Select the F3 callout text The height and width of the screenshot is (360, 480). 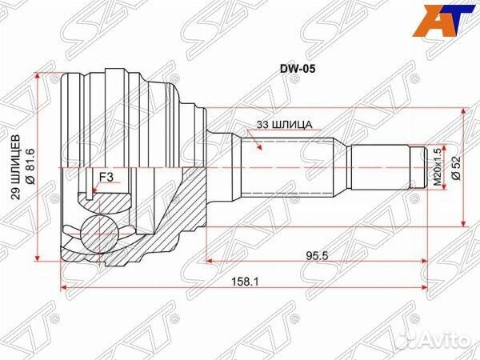tap(105, 178)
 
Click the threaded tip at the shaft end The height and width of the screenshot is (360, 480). tap(419, 168)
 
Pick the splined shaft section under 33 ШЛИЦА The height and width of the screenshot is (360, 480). tap(292, 168)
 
